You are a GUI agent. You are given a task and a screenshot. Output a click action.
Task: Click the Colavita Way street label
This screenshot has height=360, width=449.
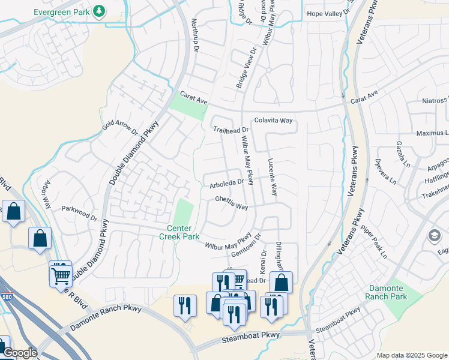273,121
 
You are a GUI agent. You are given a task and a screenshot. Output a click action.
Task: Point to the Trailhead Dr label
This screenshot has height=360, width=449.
231,130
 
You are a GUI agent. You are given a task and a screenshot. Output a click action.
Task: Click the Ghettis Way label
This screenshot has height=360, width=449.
232,206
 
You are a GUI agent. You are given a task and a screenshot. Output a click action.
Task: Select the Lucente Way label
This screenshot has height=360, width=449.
273,177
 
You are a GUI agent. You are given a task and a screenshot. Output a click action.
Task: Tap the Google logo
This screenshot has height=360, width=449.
19,353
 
